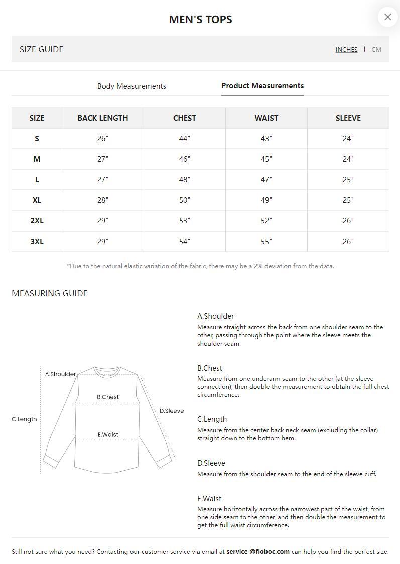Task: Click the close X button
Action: coord(387,17)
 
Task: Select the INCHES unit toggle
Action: coord(346,49)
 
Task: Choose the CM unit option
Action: coord(376,49)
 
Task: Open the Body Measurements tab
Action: coord(131,86)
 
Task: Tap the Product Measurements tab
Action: coord(262,86)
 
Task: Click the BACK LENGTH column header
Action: coord(103,118)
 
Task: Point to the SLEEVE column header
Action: coord(348,118)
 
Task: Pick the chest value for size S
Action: coord(185,139)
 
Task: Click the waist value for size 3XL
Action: coord(266,242)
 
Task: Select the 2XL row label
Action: coord(37,221)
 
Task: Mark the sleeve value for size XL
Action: coord(348,200)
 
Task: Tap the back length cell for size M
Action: coord(103,159)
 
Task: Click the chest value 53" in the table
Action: coord(185,221)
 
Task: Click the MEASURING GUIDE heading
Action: coord(49,293)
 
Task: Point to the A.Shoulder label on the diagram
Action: coord(60,374)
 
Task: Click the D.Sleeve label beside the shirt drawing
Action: coord(172,411)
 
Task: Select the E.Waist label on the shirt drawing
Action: coord(108,435)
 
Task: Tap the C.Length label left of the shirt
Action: coord(24,419)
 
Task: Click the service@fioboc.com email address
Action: coord(258,551)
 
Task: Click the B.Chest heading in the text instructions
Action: coord(210,368)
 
